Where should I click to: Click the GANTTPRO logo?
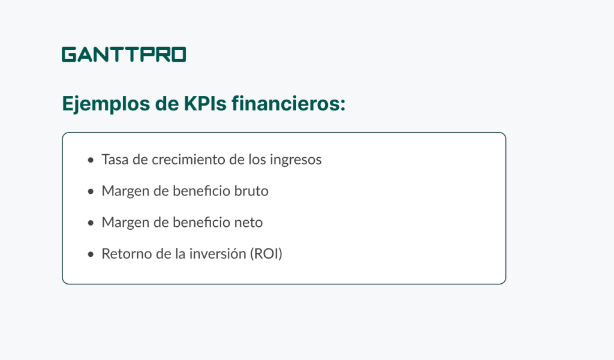pyautogui.click(x=124, y=55)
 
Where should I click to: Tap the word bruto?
pyautogui.click(x=251, y=191)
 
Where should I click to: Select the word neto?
pyautogui.click(x=248, y=223)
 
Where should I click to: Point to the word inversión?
pyautogui.click(x=209, y=254)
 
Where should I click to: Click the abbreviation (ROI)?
pyautogui.click(x=266, y=254)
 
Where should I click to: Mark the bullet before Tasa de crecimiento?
pyautogui.click(x=91, y=160)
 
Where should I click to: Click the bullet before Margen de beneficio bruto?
pyautogui.click(x=91, y=191)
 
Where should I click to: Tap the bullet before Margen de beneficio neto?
pyautogui.click(x=91, y=223)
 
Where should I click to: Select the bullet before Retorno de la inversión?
pyautogui.click(x=91, y=254)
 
